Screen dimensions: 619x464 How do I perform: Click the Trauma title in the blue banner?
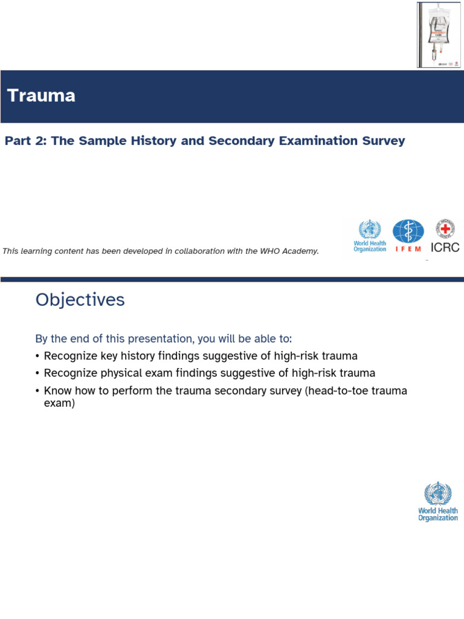41,96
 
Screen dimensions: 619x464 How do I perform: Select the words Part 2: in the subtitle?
25,141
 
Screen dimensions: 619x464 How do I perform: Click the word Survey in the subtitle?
383,141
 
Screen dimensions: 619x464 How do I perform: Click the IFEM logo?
408,236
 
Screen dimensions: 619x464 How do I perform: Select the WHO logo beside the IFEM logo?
370,236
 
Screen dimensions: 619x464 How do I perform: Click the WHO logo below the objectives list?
438,502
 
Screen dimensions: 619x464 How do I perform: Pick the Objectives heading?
80,300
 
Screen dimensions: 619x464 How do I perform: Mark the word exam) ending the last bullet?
59,403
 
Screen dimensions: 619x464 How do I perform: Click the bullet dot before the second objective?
38,374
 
